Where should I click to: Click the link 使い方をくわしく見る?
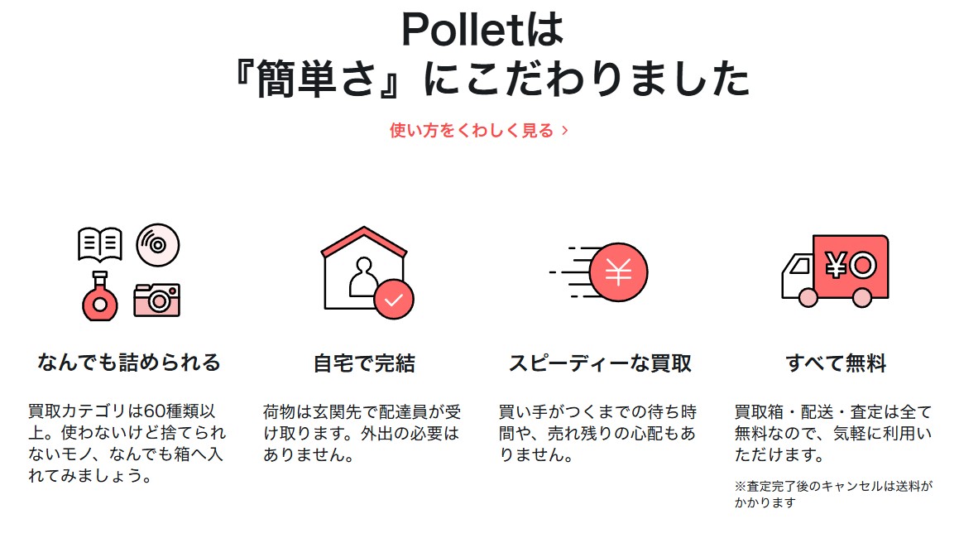pyautogui.click(x=472, y=131)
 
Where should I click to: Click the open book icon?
pyautogui.click(x=99, y=244)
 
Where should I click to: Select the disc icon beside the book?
pyautogui.click(x=157, y=245)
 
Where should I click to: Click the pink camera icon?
pyautogui.click(x=157, y=300)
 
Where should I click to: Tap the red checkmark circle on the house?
pyautogui.click(x=393, y=299)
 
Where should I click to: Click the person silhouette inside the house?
pyautogui.click(x=362, y=277)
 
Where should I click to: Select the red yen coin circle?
pyautogui.click(x=618, y=271)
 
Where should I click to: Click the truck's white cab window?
pyautogui.click(x=796, y=267)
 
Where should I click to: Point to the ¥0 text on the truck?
pyautogui.click(x=851, y=266)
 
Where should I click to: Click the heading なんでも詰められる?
pyautogui.click(x=129, y=363)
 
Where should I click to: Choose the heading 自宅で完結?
pyautogui.click(x=364, y=363)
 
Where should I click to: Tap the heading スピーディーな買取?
pyautogui.click(x=600, y=363)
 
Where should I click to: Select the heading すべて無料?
pyautogui.click(x=836, y=363)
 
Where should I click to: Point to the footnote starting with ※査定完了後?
pyautogui.click(x=832, y=495)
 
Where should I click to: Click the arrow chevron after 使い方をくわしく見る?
pyautogui.click(x=565, y=131)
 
